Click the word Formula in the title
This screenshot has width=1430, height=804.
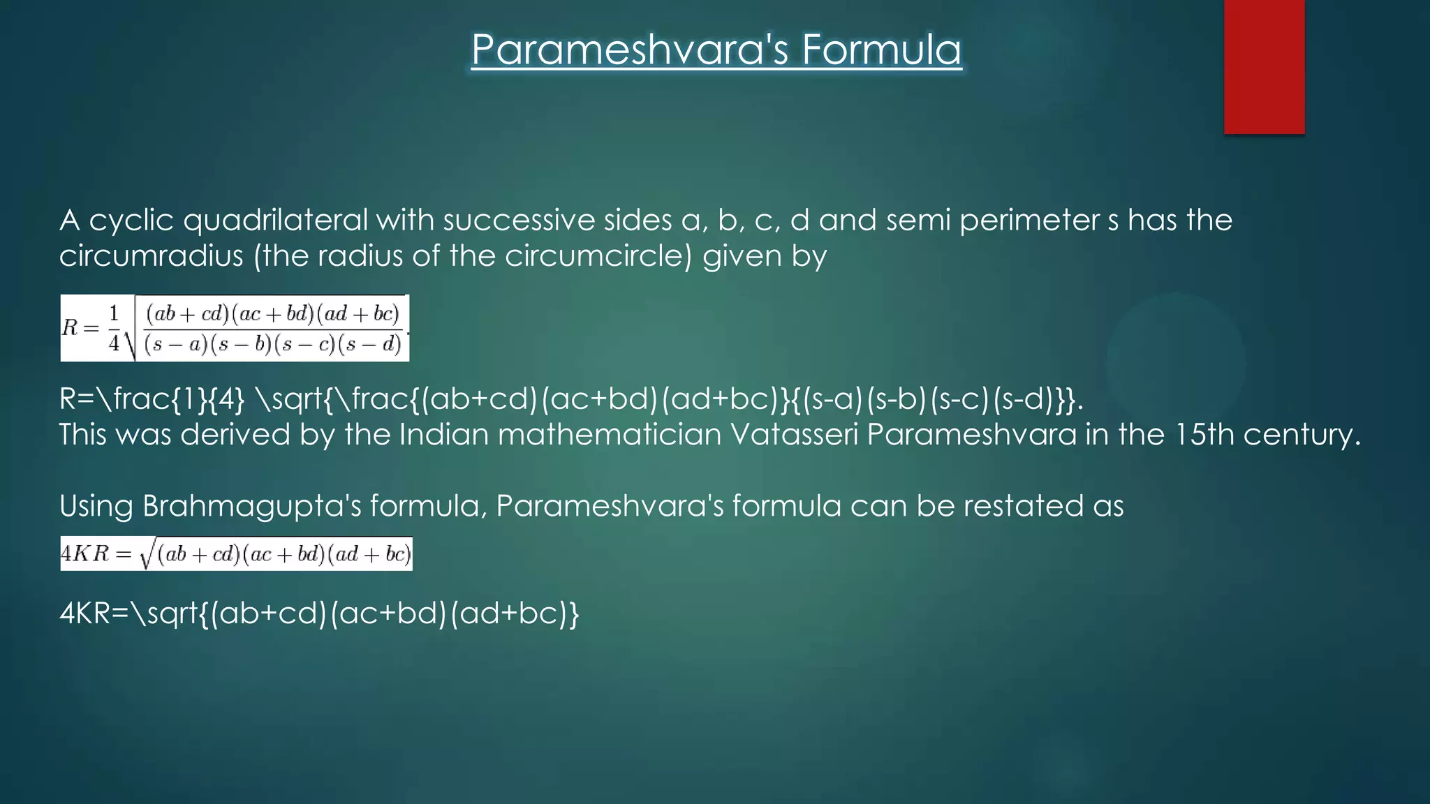click(x=881, y=50)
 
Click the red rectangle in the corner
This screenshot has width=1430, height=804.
click(x=1264, y=66)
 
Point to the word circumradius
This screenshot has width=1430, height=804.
click(x=151, y=256)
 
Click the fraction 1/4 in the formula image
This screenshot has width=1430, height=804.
click(x=114, y=328)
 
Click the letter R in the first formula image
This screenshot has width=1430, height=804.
click(x=70, y=327)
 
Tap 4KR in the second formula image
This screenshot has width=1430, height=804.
click(x=85, y=554)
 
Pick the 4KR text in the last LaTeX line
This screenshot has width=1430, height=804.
click(x=85, y=613)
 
